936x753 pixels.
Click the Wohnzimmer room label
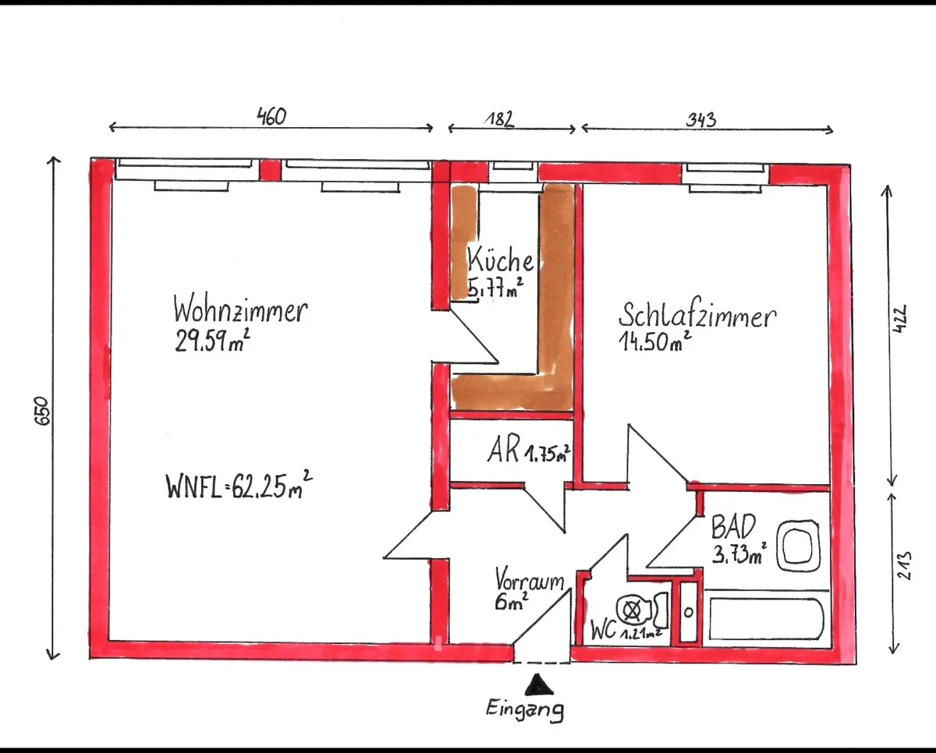(x=240, y=309)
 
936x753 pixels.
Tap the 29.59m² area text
(x=212, y=340)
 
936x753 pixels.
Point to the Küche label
(x=500, y=260)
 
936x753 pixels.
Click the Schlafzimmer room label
(x=697, y=315)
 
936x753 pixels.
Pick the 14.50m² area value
(x=655, y=341)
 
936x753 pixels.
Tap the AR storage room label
(x=503, y=450)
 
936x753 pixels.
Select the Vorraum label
(x=530, y=579)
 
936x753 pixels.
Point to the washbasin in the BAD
(x=798, y=545)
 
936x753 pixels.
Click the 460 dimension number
(x=271, y=116)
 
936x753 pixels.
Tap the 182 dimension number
(x=500, y=119)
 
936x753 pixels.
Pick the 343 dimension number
(x=701, y=119)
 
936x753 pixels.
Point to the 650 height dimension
(x=42, y=411)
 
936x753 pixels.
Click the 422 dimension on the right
(x=899, y=319)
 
